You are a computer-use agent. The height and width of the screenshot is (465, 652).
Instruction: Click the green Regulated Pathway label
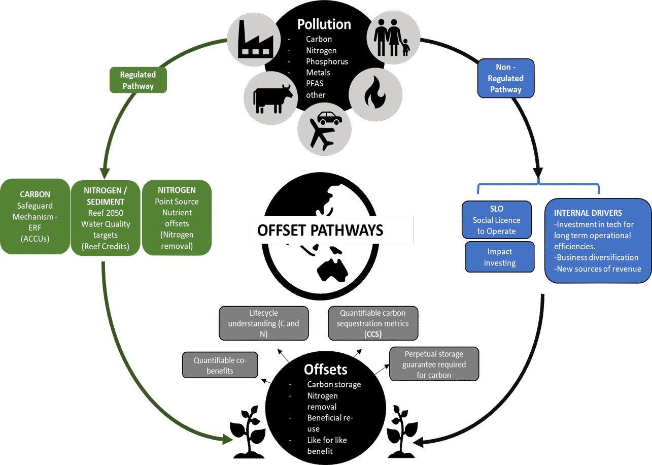pyautogui.click(x=138, y=80)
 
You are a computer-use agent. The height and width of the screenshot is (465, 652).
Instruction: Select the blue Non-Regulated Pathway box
pyautogui.click(x=505, y=79)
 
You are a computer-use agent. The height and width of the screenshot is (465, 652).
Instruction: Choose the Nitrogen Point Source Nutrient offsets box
pyautogui.click(x=177, y=217)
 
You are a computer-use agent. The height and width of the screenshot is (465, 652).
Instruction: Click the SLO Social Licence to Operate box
pyautogui.click(x=497, y=219)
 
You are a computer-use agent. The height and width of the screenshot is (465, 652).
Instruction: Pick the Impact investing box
pyautogui.click(x=499, y=257)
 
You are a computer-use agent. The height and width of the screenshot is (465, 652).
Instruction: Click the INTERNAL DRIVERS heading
pyautogui.click(x=588, y=213)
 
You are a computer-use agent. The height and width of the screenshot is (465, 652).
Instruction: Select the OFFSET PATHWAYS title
pyautogui.click(x=321, y=230)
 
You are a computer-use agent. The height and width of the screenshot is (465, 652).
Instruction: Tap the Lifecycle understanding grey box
pyautogui.click(x=264, y=323)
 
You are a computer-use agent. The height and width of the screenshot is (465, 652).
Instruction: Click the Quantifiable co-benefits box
pyautogui.click(x=220, y=366)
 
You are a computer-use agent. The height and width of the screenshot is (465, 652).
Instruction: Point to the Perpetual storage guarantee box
pyautogui.click(x=434, y=364)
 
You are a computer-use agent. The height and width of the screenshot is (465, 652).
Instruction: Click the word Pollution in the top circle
pyautogui.click(x=324, y=24)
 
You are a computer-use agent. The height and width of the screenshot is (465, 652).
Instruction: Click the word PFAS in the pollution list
pyautogui.click(x=316, y=84)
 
